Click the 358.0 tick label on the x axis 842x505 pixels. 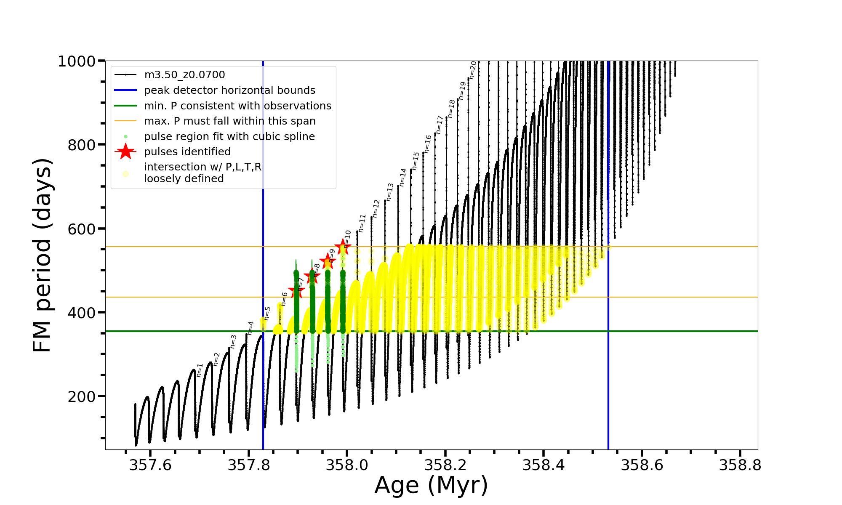tap(347, 465)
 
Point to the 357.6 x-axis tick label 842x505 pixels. tap(150, 465)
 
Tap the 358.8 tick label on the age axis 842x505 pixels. tap(740, 465)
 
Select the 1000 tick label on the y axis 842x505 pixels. tap(77, 61)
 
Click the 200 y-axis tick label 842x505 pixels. tap(82, 396)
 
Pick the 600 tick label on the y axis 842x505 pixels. tap(82, 229)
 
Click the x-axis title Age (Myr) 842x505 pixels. tap(431, 485)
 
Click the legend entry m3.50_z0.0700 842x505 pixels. tap(184, 75)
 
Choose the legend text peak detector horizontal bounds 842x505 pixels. tap(229, 90)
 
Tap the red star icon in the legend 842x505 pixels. tap(125, 151)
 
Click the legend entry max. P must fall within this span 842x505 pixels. tap(229, 121)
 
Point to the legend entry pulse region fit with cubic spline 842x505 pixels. tap(229, 137)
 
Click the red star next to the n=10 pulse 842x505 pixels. tap(342, 247)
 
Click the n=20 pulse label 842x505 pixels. tap(473, 70)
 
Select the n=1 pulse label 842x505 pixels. tap(200, 370)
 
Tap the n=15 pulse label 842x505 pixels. tap(416, 161)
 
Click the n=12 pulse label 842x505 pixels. tap(376, 208)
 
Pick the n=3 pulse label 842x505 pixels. tap(234, 341)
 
